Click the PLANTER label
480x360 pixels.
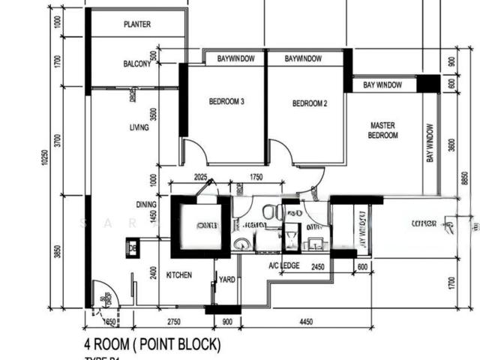136,25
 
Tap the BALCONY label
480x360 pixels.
137,64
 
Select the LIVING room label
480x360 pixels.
139,127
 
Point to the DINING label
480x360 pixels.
146,204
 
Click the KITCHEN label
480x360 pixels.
179,275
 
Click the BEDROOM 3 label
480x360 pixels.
226,103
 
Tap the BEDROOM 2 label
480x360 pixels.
310,103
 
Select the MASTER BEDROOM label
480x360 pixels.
382,130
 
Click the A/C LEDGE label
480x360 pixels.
283,265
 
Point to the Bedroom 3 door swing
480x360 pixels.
193,152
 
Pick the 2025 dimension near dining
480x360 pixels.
199,177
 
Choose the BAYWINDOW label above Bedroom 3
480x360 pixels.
235,58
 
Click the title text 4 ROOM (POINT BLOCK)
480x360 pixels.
152,344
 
